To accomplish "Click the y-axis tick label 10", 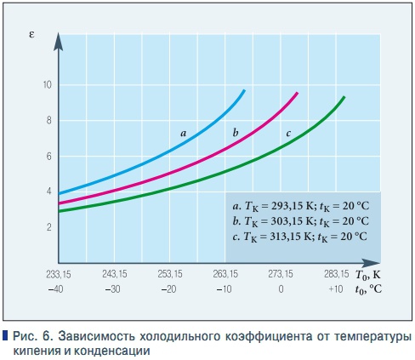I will pos(47,85).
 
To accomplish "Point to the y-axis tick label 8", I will pos(49,121).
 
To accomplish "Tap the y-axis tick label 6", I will pos(49,157).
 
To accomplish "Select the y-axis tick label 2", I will pos(49,227).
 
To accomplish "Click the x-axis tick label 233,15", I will pos(59,274).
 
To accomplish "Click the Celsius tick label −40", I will pos(58,289).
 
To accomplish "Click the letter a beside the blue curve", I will pos(183,133).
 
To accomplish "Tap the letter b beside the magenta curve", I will pos(235,132).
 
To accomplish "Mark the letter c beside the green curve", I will pos(288,133).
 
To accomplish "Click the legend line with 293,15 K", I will pos(299,207).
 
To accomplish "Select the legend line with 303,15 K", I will pos(299,221).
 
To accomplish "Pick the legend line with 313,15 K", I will pos(299,236).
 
